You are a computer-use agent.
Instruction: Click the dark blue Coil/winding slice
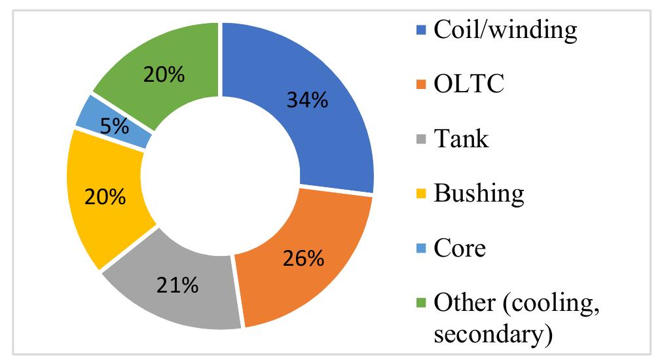pos(327,131)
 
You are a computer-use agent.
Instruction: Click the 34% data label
pos(306,100)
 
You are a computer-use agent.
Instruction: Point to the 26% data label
pos(302,258)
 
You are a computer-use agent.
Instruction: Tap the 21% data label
pos(177,285)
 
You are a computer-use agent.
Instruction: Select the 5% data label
pos(114,126)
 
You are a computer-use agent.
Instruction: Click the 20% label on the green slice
pos(164,75)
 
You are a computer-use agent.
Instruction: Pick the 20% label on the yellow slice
pos(104,197)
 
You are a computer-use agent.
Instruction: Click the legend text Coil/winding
pos(505,30)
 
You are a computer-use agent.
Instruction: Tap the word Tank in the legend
pos(461,139)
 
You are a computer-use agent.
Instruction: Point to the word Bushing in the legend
pos(479,194)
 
